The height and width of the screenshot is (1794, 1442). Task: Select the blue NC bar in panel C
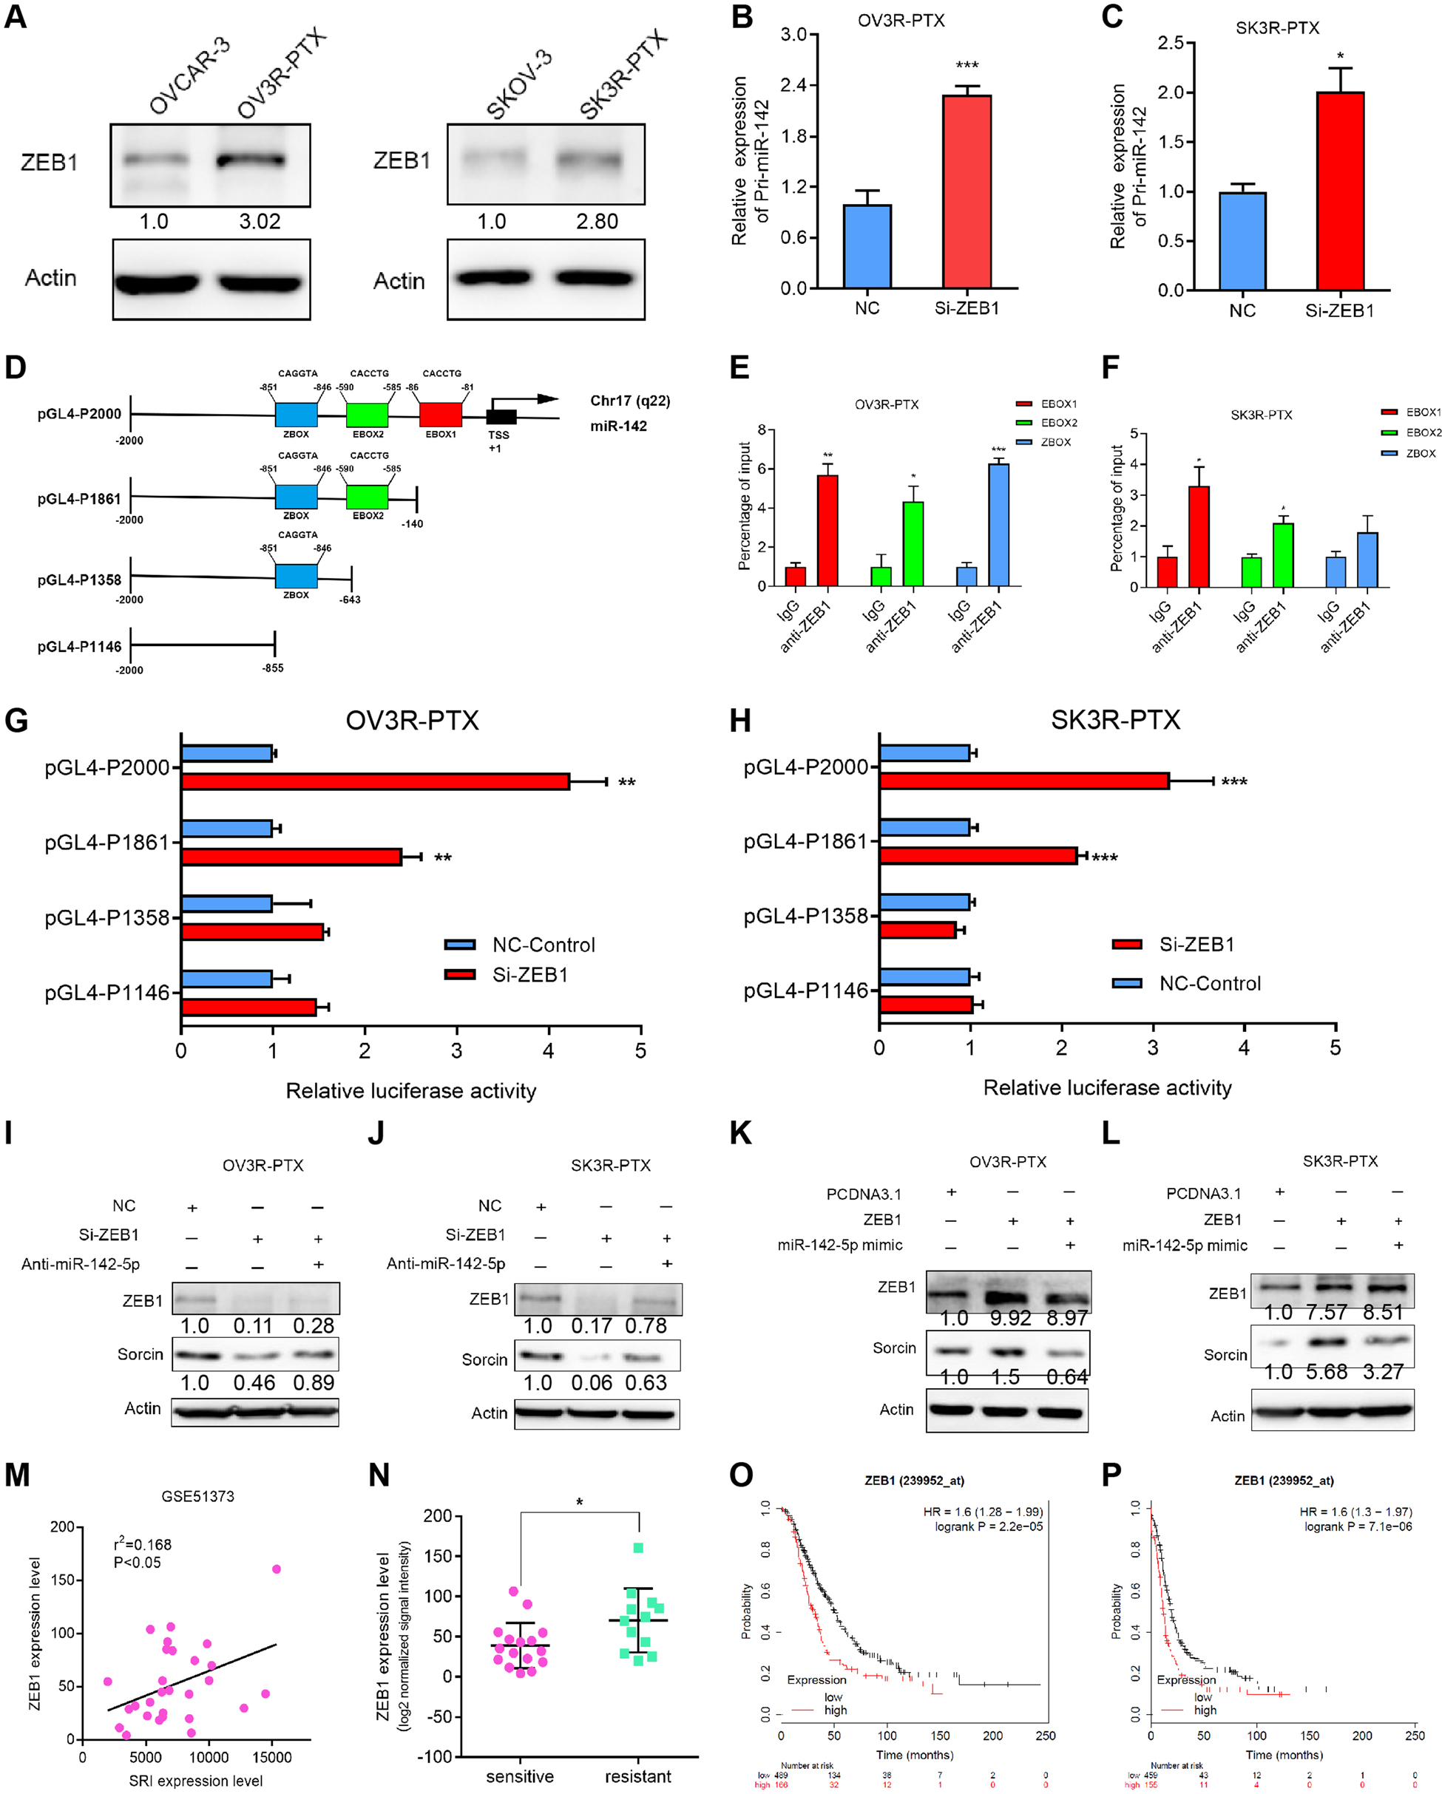click(x=1242, y=241)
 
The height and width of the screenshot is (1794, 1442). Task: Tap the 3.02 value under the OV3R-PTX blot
click(x=260, y=221)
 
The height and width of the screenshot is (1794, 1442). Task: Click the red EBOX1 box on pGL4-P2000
click(x=441, y=415)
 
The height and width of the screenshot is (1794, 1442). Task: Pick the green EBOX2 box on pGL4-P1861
click(x=368, y=497)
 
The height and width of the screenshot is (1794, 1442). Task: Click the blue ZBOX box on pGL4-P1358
click(x=297, y=576)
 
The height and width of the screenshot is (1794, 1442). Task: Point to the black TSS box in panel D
click(x=501, y=417)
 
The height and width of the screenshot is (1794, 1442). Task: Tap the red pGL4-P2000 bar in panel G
click(x=375, y=781)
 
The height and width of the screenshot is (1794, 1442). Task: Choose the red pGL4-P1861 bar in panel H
click(x=978, y=856)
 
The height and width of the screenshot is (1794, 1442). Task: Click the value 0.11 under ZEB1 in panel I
click(x=253, y=1325)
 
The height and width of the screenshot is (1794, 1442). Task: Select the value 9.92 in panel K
click(x=1011, y=1318)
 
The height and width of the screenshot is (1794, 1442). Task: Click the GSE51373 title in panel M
click(x=197, y=1496)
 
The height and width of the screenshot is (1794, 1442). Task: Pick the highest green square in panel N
click(x=637, y=1549)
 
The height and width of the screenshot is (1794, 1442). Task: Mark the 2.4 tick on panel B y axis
click(x=794, y=85)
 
